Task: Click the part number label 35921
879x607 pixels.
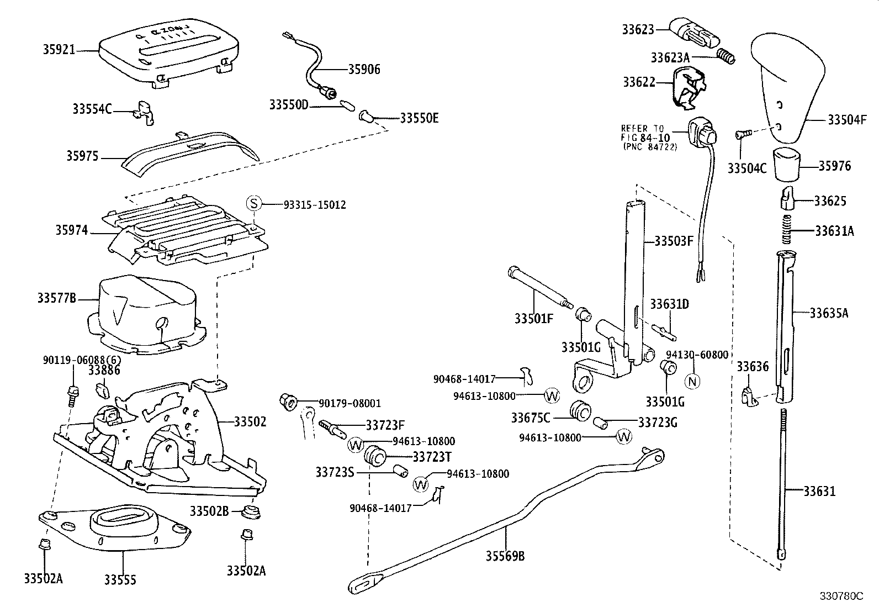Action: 59,50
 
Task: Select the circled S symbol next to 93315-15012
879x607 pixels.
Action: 253,204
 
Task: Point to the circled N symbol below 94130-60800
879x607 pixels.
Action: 692,381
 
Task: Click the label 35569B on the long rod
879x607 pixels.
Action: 505,556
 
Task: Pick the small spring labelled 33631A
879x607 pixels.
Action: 788,230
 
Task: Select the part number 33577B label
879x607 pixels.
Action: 56,299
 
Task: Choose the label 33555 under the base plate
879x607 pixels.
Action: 120,579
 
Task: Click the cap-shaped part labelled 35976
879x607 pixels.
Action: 787,164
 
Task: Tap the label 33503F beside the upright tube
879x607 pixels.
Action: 674,241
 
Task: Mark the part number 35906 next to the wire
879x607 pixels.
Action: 364,70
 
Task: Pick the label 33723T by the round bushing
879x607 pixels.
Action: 432,456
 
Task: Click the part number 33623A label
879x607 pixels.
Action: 670,57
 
